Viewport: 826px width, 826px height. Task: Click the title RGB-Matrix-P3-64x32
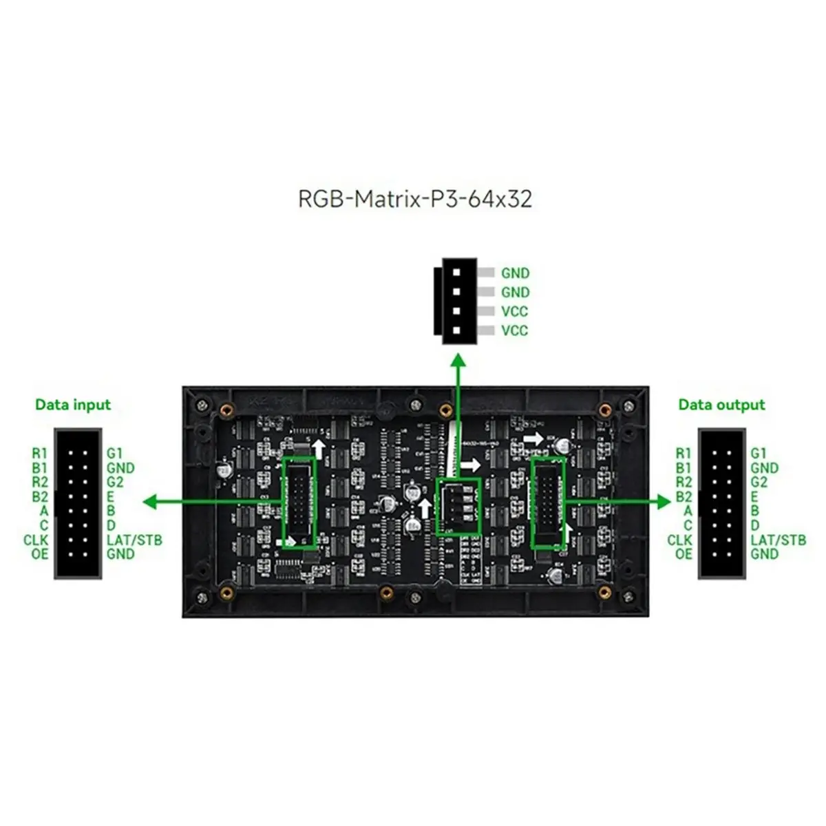(414, 199)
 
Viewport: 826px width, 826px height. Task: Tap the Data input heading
(73, 405)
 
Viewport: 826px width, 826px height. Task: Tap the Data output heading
(721, 405)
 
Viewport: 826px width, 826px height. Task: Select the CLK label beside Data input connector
(36, 540)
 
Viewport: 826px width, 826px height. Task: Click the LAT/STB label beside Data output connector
(778, 540)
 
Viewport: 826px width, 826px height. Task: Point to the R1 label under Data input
(40, 454)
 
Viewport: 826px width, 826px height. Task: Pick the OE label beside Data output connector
(684, 554)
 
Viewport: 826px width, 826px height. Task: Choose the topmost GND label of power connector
(515, 273)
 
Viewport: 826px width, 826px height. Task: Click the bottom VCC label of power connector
(515, 330)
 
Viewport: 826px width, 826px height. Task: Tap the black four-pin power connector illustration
(456, 301)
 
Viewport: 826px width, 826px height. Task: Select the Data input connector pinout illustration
(78, 503)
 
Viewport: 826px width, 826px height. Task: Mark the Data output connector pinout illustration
(721, 503)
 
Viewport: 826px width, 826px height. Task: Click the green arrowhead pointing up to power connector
(458, 361)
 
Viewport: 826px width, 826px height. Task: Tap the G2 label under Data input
(115, 482)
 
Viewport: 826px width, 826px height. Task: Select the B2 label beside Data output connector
(684, 497)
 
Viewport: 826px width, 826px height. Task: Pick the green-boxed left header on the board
(299, 503)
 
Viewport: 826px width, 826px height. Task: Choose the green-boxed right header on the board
(549, 503)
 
